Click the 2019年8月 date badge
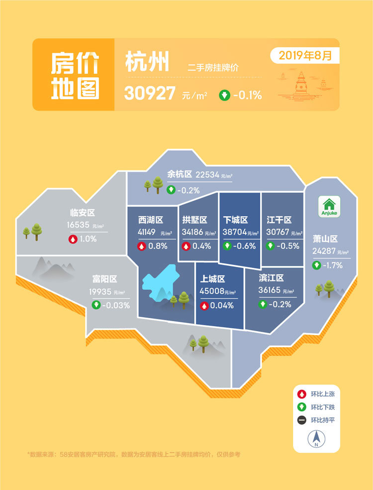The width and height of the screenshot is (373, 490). click(305, 55)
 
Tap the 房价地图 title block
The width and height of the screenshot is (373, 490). click(75, 75)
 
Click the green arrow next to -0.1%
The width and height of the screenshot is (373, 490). click(225, 95)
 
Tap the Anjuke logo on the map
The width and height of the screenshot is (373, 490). click(329, 207)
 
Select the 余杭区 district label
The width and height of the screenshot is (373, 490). click(180, 174)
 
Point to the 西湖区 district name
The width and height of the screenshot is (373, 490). click(151, 220)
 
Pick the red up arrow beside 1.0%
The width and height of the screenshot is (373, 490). click(73, 239)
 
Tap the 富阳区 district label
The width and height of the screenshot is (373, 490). click(104, 279)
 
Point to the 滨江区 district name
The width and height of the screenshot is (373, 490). click(271, 278)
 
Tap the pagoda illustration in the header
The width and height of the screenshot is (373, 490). click(301, 83)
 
